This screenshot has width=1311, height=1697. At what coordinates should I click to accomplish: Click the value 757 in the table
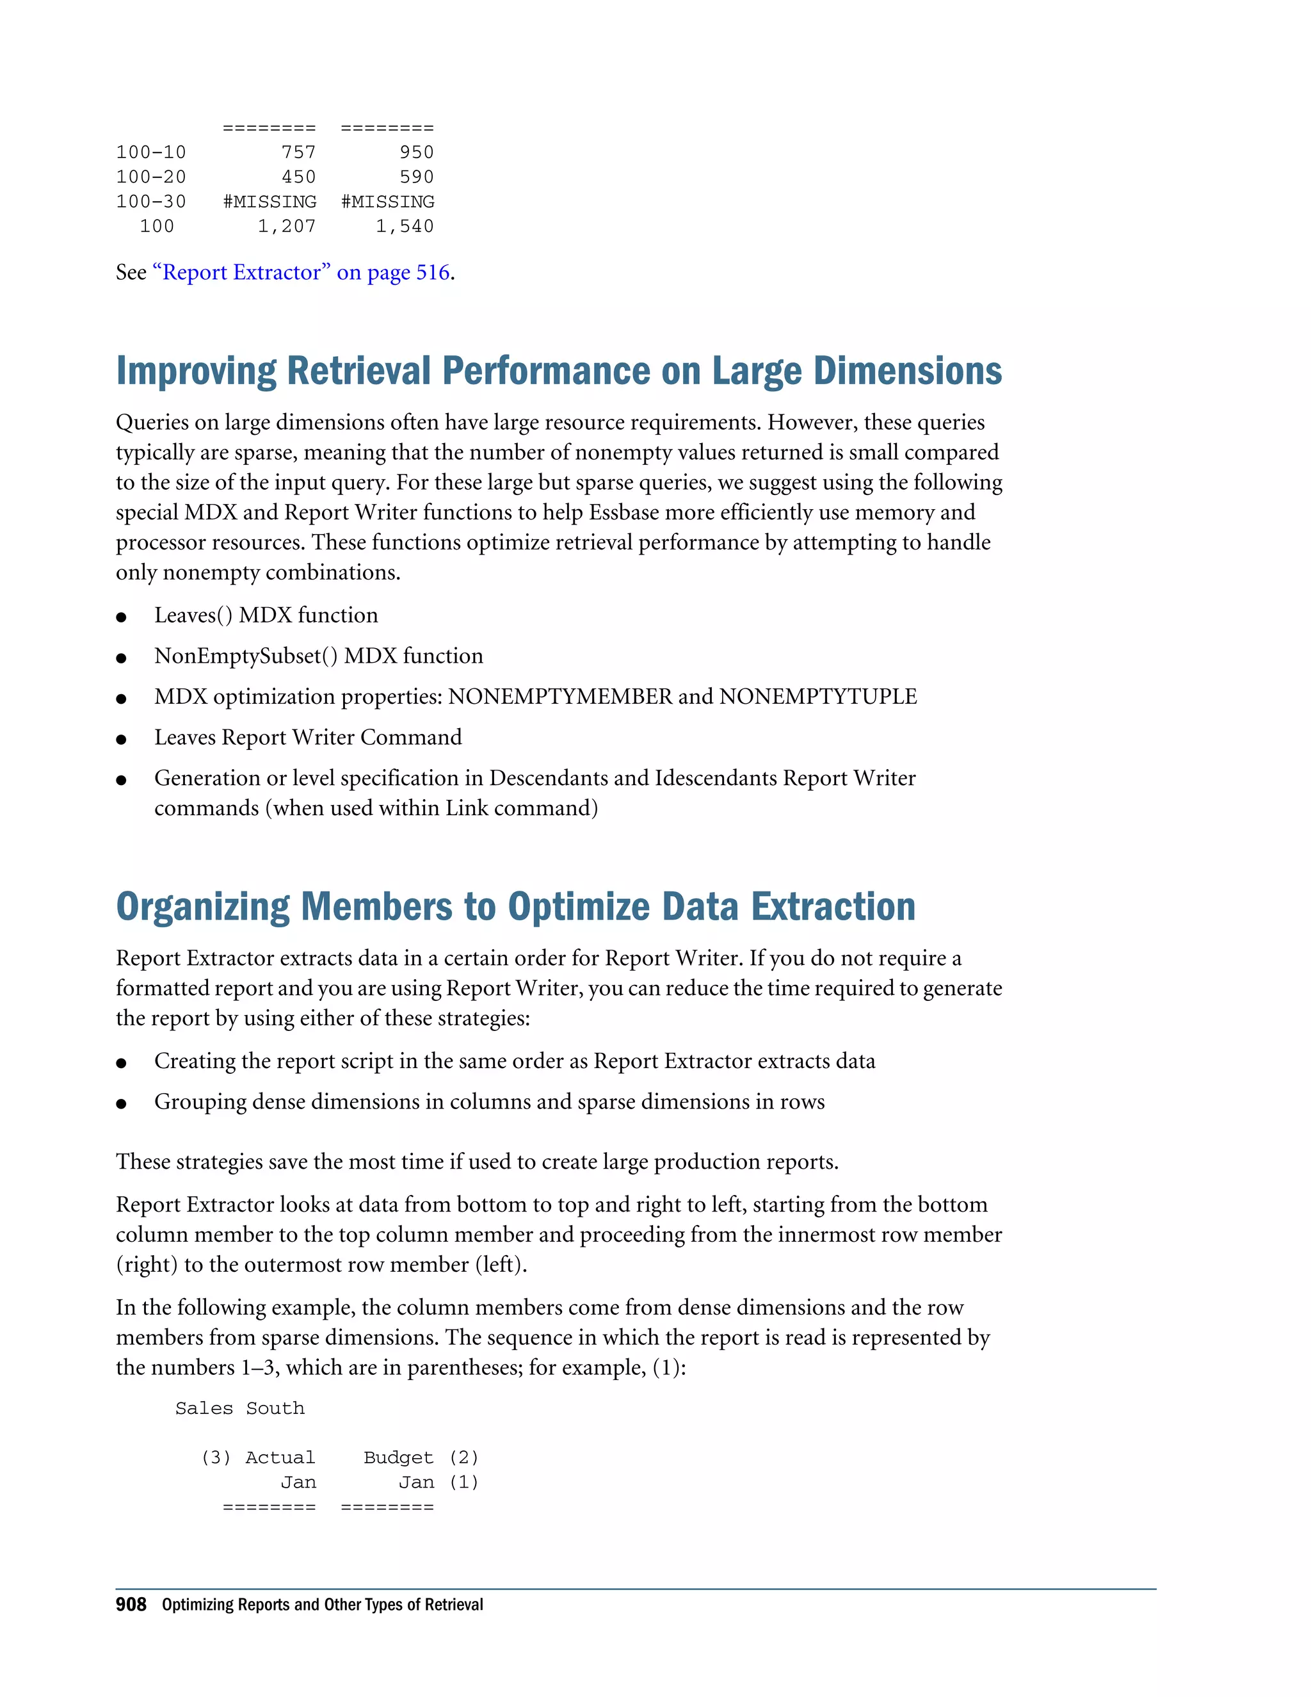(x=298, y=152)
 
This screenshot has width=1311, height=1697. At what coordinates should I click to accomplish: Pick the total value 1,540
(x=405, y=227)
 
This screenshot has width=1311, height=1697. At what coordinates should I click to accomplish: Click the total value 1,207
(x=287, y=227)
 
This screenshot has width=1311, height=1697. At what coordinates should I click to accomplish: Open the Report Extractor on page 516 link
(x=302, y=273)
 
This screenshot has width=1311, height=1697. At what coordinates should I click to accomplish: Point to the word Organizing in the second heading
(x=203, y=907)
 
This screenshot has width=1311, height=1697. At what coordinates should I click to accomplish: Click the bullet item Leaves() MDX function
(x=266, y=615)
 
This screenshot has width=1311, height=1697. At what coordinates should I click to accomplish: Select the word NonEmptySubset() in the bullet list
(x=245, y=656)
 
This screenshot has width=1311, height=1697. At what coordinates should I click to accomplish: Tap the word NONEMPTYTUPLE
(x=818, y=696)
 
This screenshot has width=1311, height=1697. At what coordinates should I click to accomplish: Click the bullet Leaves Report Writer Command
(x=307, y=737)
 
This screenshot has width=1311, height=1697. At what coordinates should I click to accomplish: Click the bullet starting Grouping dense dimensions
(x=489, y=1102)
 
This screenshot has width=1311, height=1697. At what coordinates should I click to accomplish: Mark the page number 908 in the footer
(x=131, y=1605)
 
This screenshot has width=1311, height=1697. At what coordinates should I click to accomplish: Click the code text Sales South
(x=239, y=1409)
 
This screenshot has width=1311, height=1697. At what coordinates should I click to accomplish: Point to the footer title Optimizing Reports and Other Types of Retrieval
(x=323, y=1605)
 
